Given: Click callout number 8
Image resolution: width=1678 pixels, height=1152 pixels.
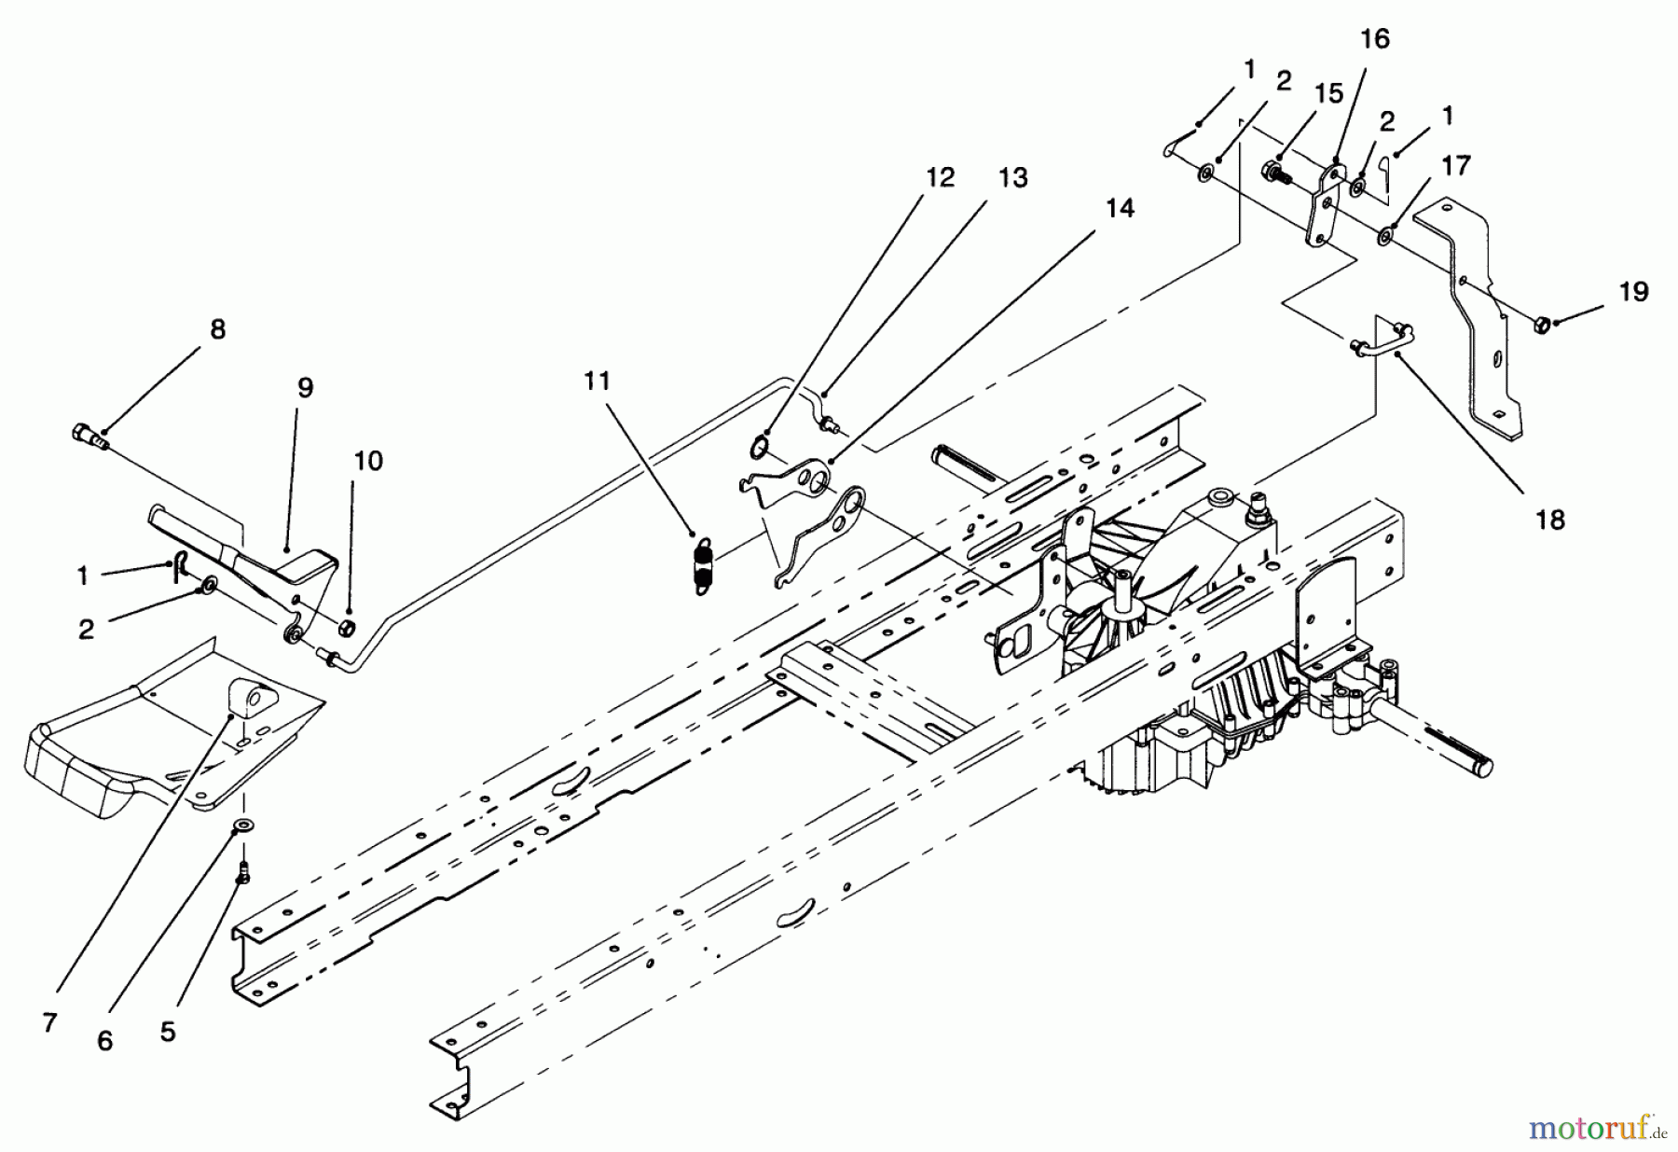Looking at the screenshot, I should coord(217,330).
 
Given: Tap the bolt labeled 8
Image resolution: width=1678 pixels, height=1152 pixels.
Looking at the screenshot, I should coord(88,436).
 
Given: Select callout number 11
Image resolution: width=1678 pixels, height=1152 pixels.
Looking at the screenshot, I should coord(597,381).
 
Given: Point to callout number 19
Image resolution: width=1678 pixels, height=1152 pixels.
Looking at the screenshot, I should coord(1633,292).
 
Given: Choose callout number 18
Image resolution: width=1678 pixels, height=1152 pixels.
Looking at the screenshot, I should coord(1549,520).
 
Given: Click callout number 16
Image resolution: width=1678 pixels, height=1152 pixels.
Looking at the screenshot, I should coord(1375,39).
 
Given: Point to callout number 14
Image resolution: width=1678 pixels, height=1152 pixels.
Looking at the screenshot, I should coord(1119,209).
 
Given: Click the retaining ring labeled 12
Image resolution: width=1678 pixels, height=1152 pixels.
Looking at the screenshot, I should coord(759,449).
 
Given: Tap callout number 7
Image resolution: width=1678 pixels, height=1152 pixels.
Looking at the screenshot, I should coord(49,1022).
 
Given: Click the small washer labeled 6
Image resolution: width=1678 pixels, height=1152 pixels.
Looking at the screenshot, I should coord(245,825).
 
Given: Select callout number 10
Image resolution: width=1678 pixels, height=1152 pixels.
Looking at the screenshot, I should coord(368,462).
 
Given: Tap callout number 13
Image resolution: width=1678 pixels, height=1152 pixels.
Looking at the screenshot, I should coord(1012,177).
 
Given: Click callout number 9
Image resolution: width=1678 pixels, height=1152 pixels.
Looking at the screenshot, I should coord(305,389).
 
